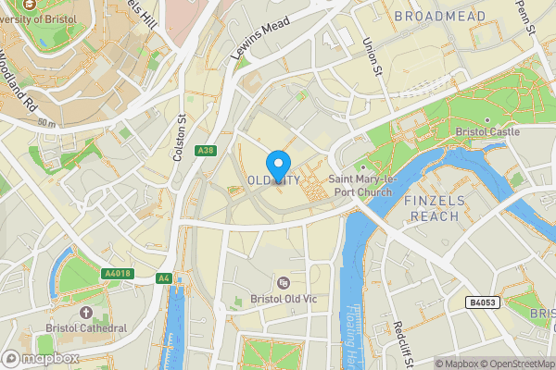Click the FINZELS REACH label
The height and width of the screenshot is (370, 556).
[432, 208]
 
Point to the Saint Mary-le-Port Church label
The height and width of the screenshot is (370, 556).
[361, 185]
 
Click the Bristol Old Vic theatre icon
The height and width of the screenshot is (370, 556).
[284, 282]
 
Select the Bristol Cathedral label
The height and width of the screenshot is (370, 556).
[86, 327]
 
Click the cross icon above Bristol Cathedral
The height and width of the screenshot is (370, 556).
[86, 312]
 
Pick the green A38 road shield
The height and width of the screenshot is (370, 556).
[206, 151]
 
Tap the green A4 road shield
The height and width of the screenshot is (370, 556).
[164, 277]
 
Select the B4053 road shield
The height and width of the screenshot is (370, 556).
[480, 302]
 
